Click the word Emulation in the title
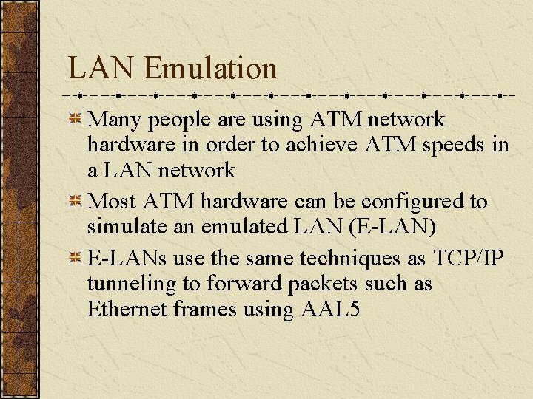[x=210, y=69]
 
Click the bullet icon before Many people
[x=75, y=119]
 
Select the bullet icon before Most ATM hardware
[x=75, y=202]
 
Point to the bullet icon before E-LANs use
[x=75, y=258]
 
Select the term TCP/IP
[x=468, y=258]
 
